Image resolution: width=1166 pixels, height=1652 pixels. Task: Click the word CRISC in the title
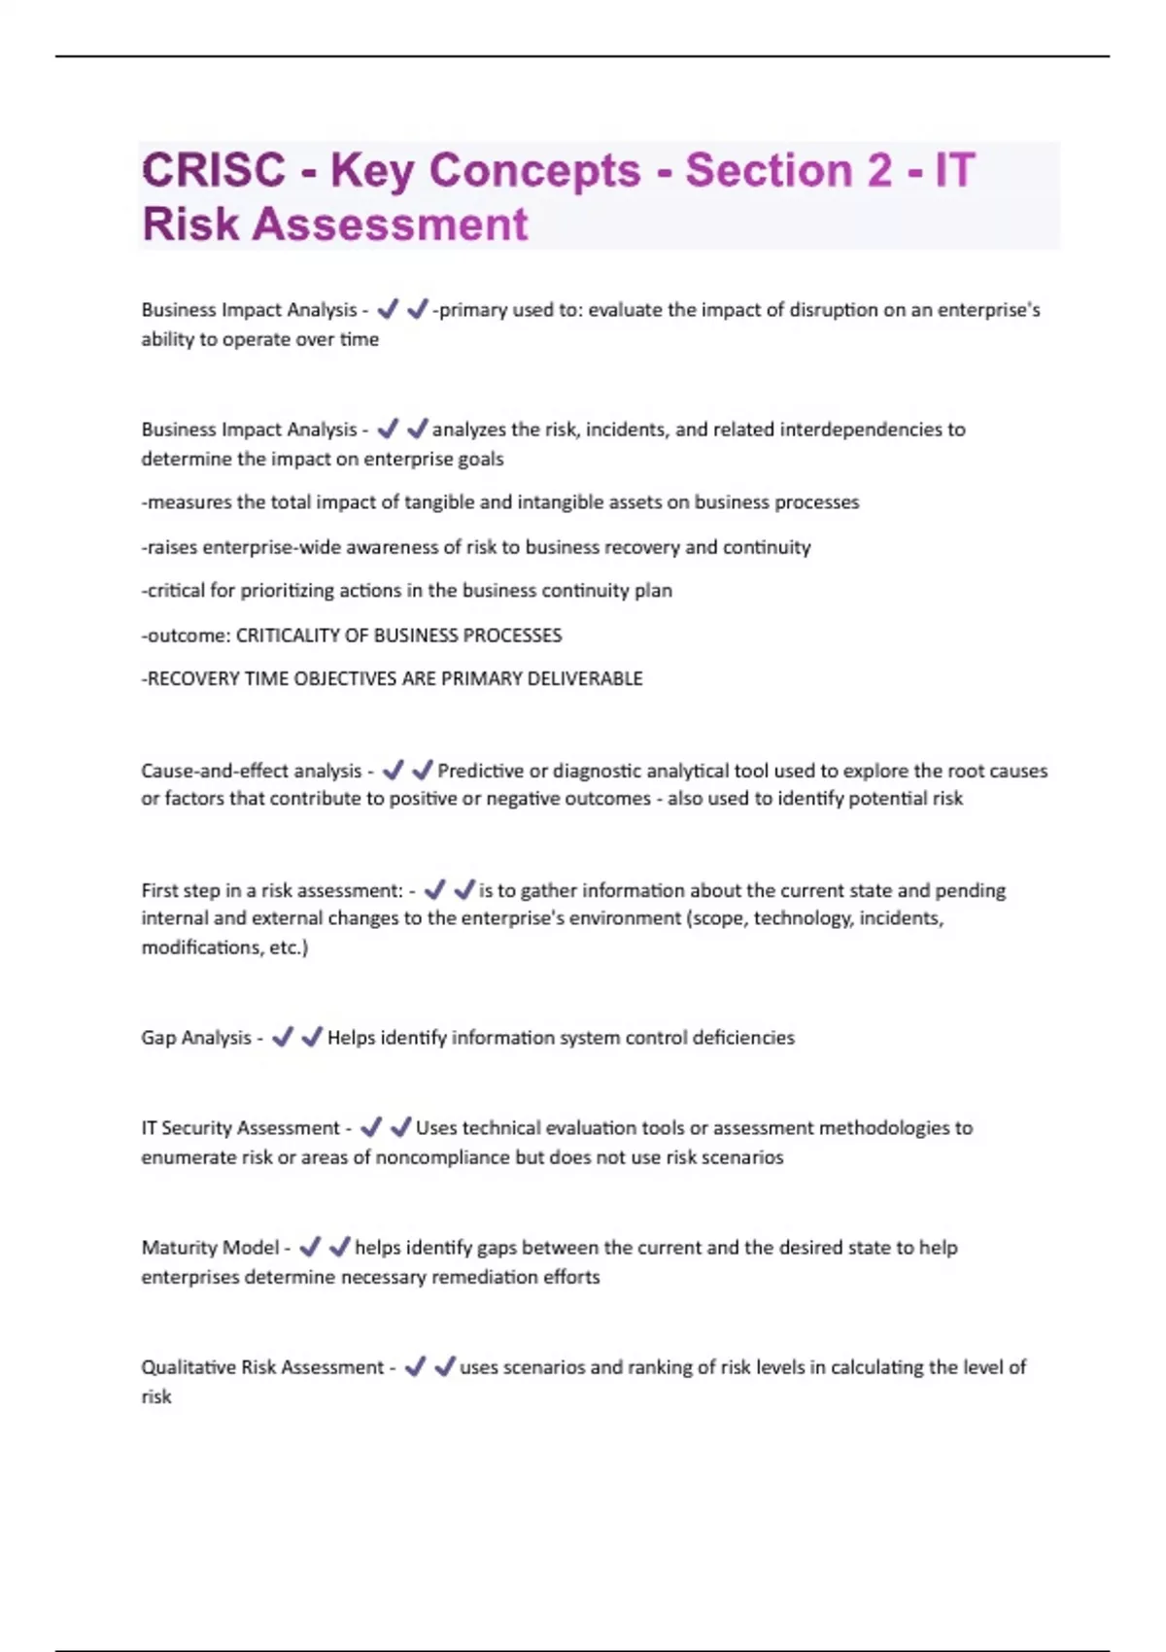(x=214, y=171)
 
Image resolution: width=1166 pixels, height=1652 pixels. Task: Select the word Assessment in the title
(x=391, y=224)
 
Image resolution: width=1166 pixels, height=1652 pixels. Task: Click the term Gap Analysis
(x=196, y=1038)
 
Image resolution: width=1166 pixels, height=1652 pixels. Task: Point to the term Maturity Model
(x=210, y=1248)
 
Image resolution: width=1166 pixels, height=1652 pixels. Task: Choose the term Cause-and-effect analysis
(x=251, y=771)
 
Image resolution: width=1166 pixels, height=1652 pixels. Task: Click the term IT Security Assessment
(x=240, y=1128)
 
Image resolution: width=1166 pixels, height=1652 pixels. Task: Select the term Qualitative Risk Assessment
(x=262, y=1367)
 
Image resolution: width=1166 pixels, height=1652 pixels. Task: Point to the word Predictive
(x=480, y=771)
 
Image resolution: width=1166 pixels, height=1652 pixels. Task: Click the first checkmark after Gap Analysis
(x=283, y=1038)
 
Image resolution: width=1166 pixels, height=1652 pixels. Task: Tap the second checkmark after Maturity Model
(x=339, y=1247)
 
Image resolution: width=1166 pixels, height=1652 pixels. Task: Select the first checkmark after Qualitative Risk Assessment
(x=415, y=1367)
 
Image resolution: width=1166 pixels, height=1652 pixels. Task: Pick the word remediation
(x=483, y=1277)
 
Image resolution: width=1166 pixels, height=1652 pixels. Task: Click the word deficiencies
(x=743, y=1038)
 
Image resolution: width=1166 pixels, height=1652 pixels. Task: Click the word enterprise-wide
(x=271, y=547)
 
